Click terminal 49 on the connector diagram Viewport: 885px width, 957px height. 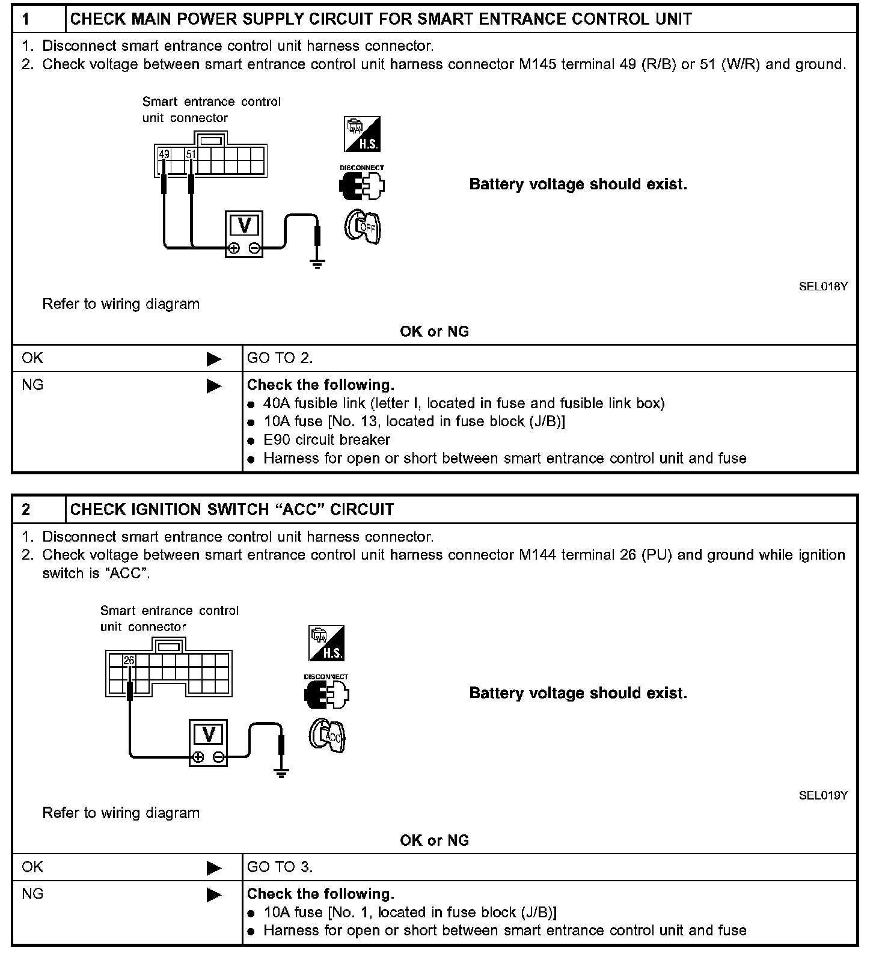click(x=164, y=154)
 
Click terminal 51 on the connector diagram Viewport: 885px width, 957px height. click(x=191, y=154)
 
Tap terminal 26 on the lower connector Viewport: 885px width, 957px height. click(x=129, y=661)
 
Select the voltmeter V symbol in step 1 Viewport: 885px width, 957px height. click(x=244, y=225)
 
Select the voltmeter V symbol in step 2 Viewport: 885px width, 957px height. click(x=209, y=734)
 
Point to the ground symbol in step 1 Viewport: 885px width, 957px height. click(x=317, y=263)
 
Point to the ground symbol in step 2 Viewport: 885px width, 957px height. click(x=281, y=772)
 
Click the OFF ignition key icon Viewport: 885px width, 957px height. click(x=363, y=227)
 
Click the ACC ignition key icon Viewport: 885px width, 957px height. click(x=328, y=736)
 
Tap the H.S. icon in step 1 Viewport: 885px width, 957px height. click(x=362, y=135)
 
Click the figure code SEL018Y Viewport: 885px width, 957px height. click(x=823, y=287)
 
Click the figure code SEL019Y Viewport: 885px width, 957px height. click(x=823, y=796)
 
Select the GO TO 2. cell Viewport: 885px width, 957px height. click(x=280, y=358)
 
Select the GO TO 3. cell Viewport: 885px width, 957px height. click(x=280, y=867)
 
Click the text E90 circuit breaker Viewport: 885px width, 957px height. click(x=326, y=440)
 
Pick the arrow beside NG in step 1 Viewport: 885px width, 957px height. click(x=213, y=386)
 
